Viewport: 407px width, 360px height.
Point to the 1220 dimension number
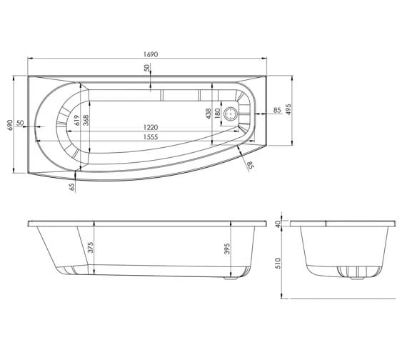point(149,126)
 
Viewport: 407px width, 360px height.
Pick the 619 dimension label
point(75,119)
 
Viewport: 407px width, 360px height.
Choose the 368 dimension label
point(86,119)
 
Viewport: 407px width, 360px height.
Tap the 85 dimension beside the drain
point(276,110)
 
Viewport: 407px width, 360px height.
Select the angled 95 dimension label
point(250,166)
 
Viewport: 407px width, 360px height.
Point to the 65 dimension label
point(71,187)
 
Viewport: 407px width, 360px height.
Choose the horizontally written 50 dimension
point(20,124)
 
